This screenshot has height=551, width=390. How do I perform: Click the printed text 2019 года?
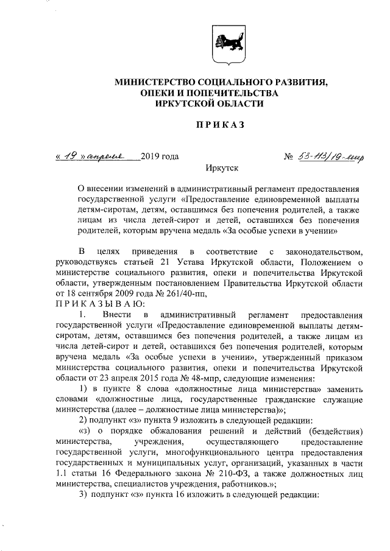(159, 157)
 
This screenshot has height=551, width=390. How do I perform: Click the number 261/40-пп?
(186, 293)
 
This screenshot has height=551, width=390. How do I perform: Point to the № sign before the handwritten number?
(289, 157)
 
